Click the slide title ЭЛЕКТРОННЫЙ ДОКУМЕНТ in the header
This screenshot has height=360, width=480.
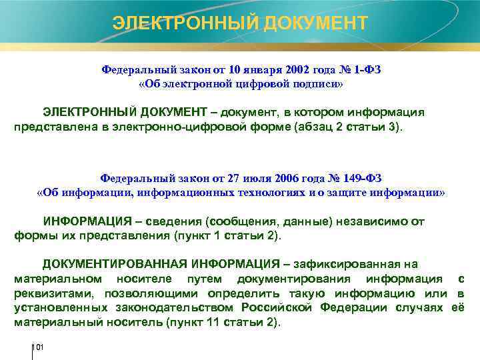pyautogui.click(x=240, y=23)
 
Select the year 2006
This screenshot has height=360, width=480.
pyautogui.click(x=297, y=178)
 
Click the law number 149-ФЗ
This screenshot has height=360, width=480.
pyautogui.click(x=363, y=178)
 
